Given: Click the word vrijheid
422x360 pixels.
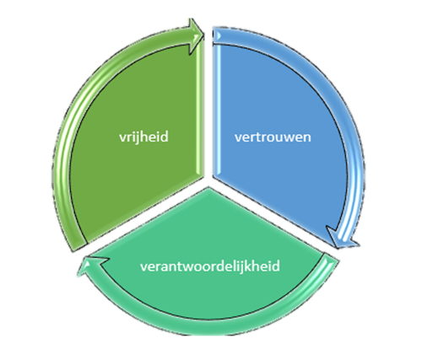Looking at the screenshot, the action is (143, 137).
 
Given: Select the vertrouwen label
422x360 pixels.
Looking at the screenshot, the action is (273, 137).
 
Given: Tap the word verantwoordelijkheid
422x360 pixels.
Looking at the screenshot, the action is (210, 266).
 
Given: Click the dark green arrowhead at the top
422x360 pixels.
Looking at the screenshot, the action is (197, 36).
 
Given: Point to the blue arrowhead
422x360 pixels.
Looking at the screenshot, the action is (343, 238).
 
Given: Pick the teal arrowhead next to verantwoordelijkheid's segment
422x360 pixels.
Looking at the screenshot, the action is (91, 265).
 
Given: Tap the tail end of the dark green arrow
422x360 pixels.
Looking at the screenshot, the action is (79, 245).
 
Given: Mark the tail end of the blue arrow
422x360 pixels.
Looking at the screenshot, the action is (217, 35).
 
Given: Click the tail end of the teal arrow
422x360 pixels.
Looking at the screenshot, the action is (331, 258).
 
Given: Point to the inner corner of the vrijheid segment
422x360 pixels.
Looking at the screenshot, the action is (203, 176).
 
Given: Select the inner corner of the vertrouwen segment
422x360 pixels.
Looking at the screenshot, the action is (214, 176).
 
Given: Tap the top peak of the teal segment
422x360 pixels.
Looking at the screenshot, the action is (208, 188).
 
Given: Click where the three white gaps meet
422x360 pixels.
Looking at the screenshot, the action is (208, 181).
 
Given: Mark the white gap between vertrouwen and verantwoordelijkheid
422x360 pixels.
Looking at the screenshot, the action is (270, 216).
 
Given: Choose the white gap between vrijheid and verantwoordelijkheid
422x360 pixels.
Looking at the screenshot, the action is (146, 217).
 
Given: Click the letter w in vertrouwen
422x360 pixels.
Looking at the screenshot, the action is (291, 137).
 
